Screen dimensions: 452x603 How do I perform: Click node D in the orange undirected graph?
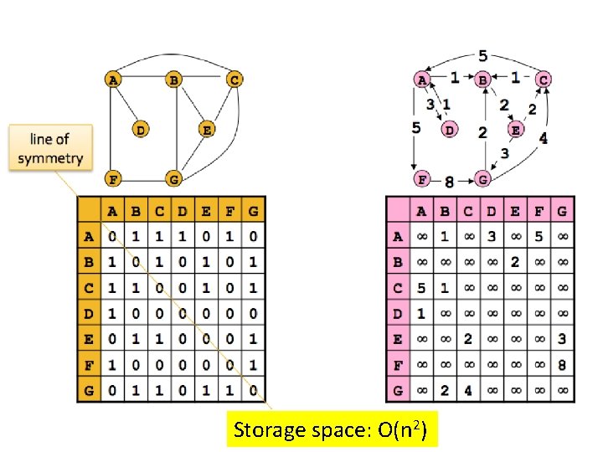140,130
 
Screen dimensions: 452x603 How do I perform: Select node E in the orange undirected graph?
206,130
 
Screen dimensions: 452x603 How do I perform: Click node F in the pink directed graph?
423,178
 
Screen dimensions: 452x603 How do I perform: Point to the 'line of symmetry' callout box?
50,149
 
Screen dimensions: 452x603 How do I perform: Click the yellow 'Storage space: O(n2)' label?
332,430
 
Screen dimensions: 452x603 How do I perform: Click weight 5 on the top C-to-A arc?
483,57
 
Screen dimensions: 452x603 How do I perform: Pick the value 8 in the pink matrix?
562,366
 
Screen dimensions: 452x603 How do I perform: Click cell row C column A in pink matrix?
421,288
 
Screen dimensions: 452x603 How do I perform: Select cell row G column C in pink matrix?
468,391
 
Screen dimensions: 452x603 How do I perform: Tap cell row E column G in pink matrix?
562,340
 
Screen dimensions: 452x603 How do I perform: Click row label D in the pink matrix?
398,314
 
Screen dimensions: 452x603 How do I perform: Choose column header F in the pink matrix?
539,212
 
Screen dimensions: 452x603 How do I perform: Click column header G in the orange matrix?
252,212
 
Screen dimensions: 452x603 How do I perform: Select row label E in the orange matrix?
89,340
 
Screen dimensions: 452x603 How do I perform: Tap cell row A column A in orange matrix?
112,237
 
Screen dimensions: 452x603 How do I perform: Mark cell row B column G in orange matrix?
252,262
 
